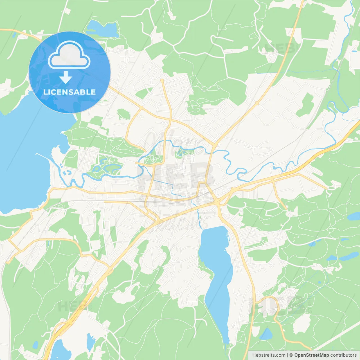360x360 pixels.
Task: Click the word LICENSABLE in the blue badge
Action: pos(69,92)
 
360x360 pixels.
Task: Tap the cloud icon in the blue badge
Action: pos(69,56)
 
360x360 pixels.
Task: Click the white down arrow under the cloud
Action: pos(66,77)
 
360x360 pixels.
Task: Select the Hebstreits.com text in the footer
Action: pos(269,355)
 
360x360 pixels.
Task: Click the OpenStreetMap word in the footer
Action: pos(311,355)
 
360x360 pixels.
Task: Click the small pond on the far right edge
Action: pos(354,216)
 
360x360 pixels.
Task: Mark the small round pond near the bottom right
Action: pos(266,334)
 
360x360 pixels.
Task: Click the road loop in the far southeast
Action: pos(270,305)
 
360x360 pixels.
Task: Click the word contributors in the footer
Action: pos(343,355)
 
